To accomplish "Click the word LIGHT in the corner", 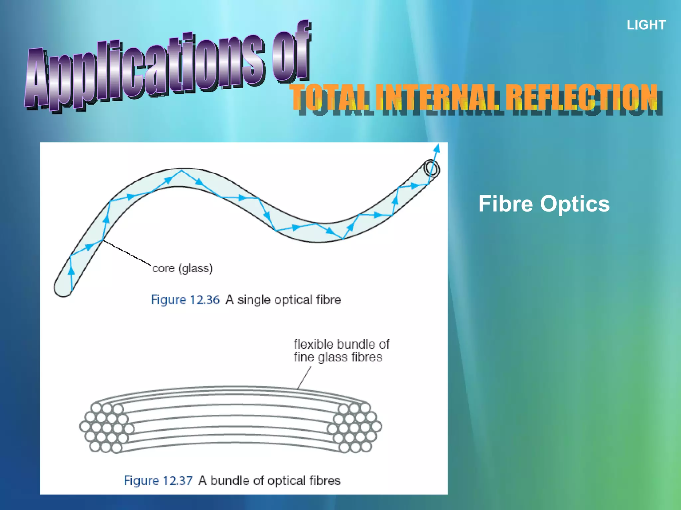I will [x=646, y=25].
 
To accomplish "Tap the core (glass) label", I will [x=182, y=268].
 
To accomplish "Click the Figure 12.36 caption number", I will [x=185, y=300].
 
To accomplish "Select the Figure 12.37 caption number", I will [x=158, y=481].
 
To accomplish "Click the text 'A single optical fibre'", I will [x=283, y=300].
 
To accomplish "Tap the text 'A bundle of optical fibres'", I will [x=269, y=481].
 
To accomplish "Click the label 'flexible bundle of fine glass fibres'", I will [x=341, y=351].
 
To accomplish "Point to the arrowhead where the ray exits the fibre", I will [x=437, y=148].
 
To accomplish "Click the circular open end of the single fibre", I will [x=431, y=169].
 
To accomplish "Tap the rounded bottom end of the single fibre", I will [x=63, y=290].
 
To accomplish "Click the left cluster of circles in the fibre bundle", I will [x=106, y=427].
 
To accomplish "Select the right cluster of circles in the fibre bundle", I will [x=355, y=428].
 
